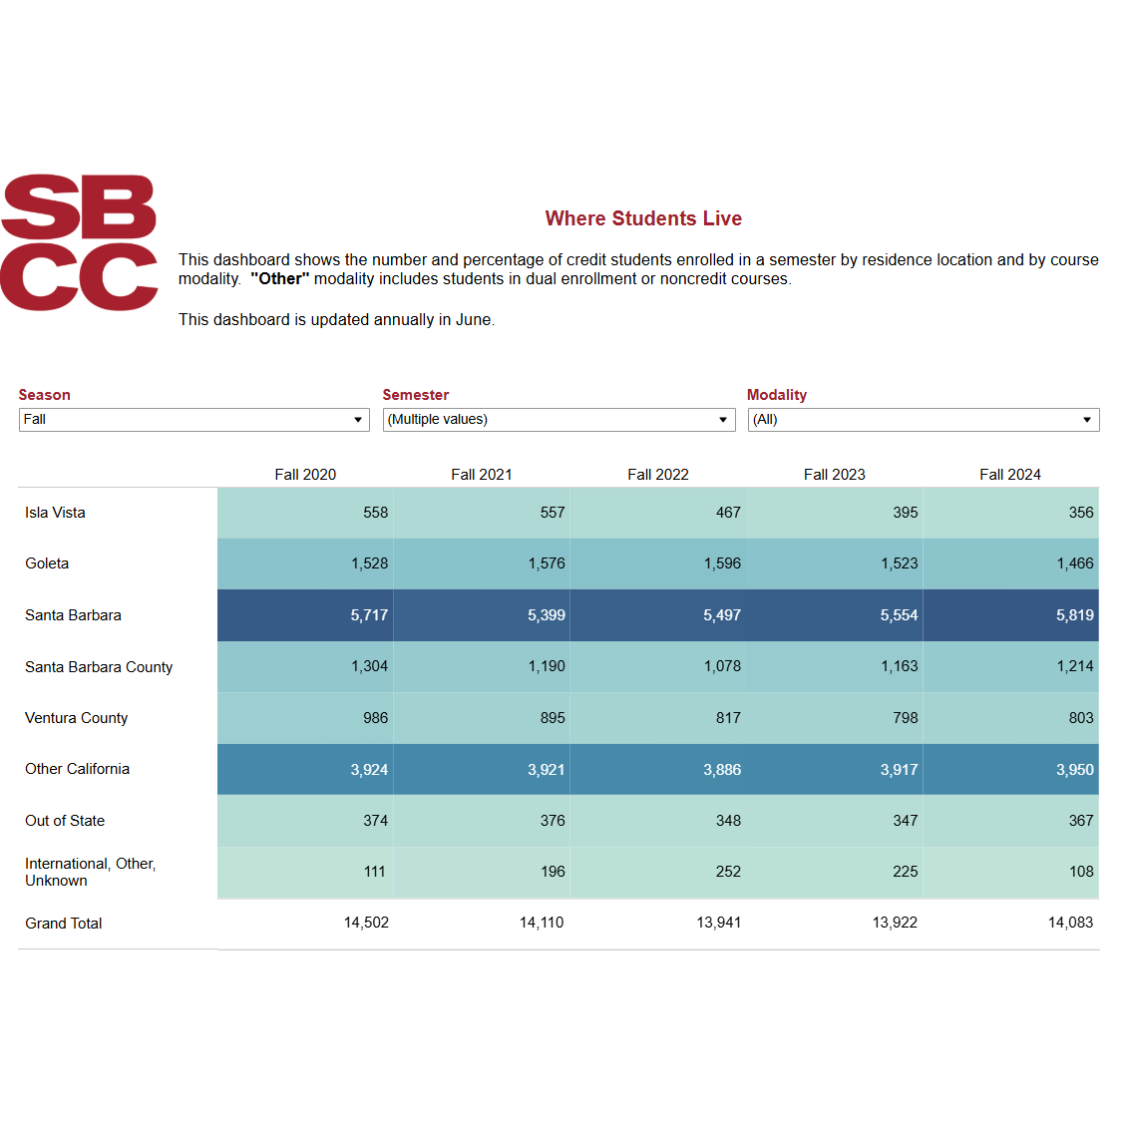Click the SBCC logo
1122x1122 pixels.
79,242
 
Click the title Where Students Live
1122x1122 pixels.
643,218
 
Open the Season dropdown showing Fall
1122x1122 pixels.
193,420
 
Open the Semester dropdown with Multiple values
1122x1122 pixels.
559,420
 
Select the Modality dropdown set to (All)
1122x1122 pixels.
923,420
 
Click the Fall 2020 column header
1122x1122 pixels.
305,475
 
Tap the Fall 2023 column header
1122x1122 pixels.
834,475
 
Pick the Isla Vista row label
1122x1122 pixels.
56,513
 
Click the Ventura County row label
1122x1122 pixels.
77,718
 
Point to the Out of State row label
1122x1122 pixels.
65,821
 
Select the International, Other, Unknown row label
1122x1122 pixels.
90,872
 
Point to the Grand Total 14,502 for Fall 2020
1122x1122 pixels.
366,923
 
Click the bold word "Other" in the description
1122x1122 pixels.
280,279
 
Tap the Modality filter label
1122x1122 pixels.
777,395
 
